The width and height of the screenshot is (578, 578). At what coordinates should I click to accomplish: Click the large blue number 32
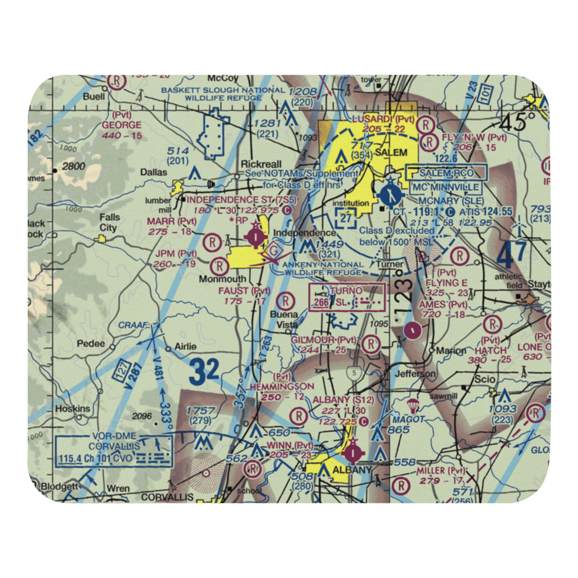pyautogui.click(x=204, y=372)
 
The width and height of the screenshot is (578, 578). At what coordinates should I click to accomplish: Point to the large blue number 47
pyautogui.click(x=512, y=253)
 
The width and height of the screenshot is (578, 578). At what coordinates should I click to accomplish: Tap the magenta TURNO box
pyautogui.click(x=347, y=297)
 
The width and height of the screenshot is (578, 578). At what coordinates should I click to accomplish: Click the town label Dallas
pyautogui.click(x=153, y=172)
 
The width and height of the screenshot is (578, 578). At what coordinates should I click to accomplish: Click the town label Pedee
pyautogui.click(x=91, y=343)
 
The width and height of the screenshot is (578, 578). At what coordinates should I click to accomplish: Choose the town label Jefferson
pyautogui.click(x=416, y=374)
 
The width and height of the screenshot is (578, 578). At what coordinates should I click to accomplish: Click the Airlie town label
pyautogui.click(x=178, y=348)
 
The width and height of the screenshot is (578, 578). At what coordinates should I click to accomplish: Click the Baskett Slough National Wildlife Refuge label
pyautogui.click(x=223, y=94)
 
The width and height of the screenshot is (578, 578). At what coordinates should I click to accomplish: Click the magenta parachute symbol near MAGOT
pyautogui.click(x=414, y=405)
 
